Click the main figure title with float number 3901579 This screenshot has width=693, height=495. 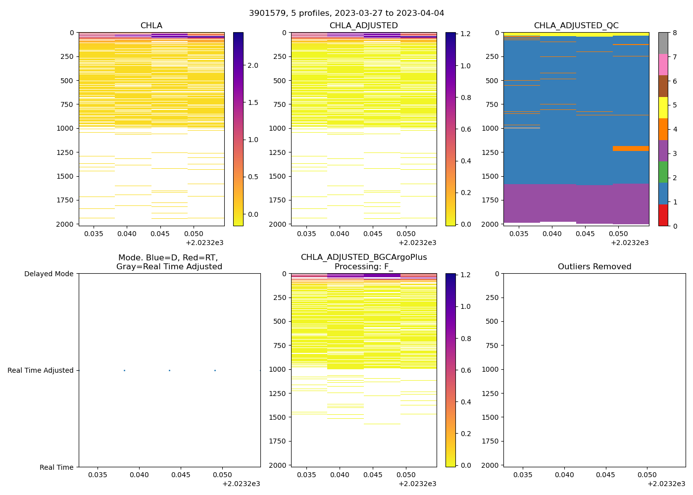tap(346, 13)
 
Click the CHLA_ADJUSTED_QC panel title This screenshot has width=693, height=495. tap(576, 26)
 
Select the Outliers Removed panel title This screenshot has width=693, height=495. tap(594, 267)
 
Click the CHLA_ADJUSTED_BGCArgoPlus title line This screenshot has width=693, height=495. tap(364, 257)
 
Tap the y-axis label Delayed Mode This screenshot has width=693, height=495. tap(49, 274)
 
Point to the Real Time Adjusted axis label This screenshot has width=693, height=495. tap(41, 370)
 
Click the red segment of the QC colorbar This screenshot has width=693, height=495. tap(663, 215)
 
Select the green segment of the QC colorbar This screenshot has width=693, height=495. tap(663, 172)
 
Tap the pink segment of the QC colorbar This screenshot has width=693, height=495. tap(663, 65)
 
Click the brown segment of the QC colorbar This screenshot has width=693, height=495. tap(663, 86)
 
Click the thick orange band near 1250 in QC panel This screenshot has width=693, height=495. tap(631, 148)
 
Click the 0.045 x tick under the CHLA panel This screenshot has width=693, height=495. tap(160, 234)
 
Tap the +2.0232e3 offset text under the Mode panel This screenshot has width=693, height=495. tap(241, 484)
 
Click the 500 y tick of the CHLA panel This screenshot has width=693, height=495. tap(68, 81)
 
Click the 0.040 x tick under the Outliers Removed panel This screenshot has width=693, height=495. tap(564, 475)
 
